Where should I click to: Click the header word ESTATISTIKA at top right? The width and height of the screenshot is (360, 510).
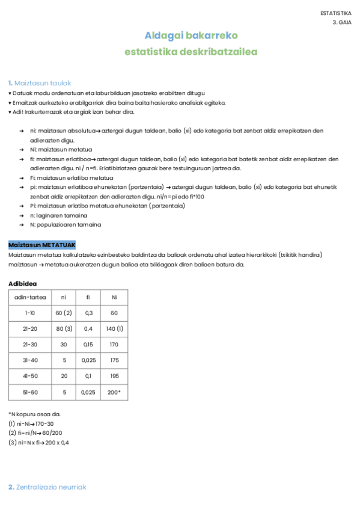pyautogui.click(x=336, y=13)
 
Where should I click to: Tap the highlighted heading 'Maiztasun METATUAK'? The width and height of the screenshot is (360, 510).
pyautogui.click(x=42, y=245)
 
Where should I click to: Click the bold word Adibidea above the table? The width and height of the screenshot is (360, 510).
pyautogui.click(x=23, y=283)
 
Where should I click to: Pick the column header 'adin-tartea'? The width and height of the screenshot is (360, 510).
pyautogui.click(x=29, y=297)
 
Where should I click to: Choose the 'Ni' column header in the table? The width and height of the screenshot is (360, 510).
pyautogui.click(x=114, y=297)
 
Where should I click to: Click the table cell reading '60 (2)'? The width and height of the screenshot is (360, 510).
pyautogui.click(x=64, y=313)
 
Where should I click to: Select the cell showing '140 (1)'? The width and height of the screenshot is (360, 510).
pyautogui.click(x=114, y=329)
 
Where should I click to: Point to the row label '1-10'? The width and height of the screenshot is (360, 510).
pyautogui.click(x=29, y=313)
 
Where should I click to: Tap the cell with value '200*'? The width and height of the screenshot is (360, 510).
pyautogui.click(x=114, y=392)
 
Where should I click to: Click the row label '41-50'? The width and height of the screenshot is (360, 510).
pyautogui.click(x=29, y=376)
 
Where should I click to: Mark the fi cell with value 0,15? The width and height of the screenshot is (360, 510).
pyautogui.click(x=88, y=345)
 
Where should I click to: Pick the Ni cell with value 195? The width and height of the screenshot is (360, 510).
pyautogui.click(x=114, y=376)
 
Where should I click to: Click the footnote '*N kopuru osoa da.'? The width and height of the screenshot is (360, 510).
pyautogui.click(x=34, y=414)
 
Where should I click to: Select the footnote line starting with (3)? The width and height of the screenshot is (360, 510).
pyautogui.click(x=38, y=442)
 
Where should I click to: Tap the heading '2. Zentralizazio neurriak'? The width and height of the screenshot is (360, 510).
pyautogui.click(x=47, y=487)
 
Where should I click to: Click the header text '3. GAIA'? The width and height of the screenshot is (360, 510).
pyautogui.click(x=342, y=22)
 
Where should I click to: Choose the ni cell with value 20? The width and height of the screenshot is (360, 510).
pyautogui.click(x=64, y=376)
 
